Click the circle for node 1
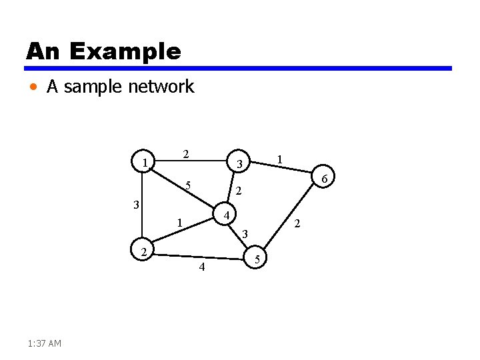click(x=145, y=163)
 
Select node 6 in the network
click(x=323, y=179)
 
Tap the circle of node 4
click(x=227, y=216)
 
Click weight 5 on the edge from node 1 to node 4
click(x=189, y=185)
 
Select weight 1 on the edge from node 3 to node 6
click(x=281, y=159)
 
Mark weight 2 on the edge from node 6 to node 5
click(x=297, y=223)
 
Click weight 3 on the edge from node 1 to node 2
click(x=135, y=205)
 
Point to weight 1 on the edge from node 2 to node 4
click(x=178, y=222)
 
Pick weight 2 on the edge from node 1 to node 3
click(x=187, y=154)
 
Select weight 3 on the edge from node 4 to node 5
click(x=245, y=234)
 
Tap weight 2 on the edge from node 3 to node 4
click(x=239, y=191)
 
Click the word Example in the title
click(x=124, y=51)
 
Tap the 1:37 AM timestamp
click(x=45, y=343)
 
